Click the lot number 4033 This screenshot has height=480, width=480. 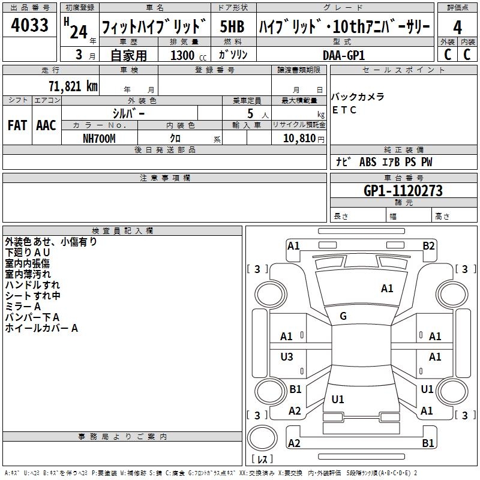(x=30, y=26)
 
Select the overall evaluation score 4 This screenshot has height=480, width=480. (x=457, y=28)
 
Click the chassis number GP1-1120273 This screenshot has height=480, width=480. (x=403, y=191)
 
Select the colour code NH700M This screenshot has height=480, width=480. (x=99, y=138)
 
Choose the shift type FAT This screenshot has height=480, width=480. (x=17, y=125)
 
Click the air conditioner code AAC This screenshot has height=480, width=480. (x=46, y=125)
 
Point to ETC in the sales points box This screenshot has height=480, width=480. (x=344, y=110)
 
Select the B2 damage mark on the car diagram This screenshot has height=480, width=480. (x=428, y=245)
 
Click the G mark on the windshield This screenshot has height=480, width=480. (x=343, y=316)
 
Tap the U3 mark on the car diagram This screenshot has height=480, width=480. (x=287, y=357)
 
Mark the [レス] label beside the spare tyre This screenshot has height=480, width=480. (x=262, y=460)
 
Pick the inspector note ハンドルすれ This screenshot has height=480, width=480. (x=32, y=285)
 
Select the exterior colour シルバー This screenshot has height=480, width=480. (x=128, y=113)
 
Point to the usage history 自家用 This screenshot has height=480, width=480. (x=128, y=55)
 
